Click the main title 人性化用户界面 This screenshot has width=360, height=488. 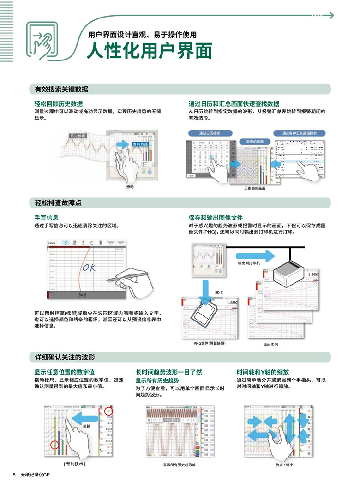149,50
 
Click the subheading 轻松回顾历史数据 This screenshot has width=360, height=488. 58,104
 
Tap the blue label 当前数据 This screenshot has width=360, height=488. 140,144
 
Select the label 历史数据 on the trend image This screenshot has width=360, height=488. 78,136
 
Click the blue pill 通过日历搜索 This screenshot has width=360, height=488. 210,133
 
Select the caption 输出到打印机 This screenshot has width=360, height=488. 249,262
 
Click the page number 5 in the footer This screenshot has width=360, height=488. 14,476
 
